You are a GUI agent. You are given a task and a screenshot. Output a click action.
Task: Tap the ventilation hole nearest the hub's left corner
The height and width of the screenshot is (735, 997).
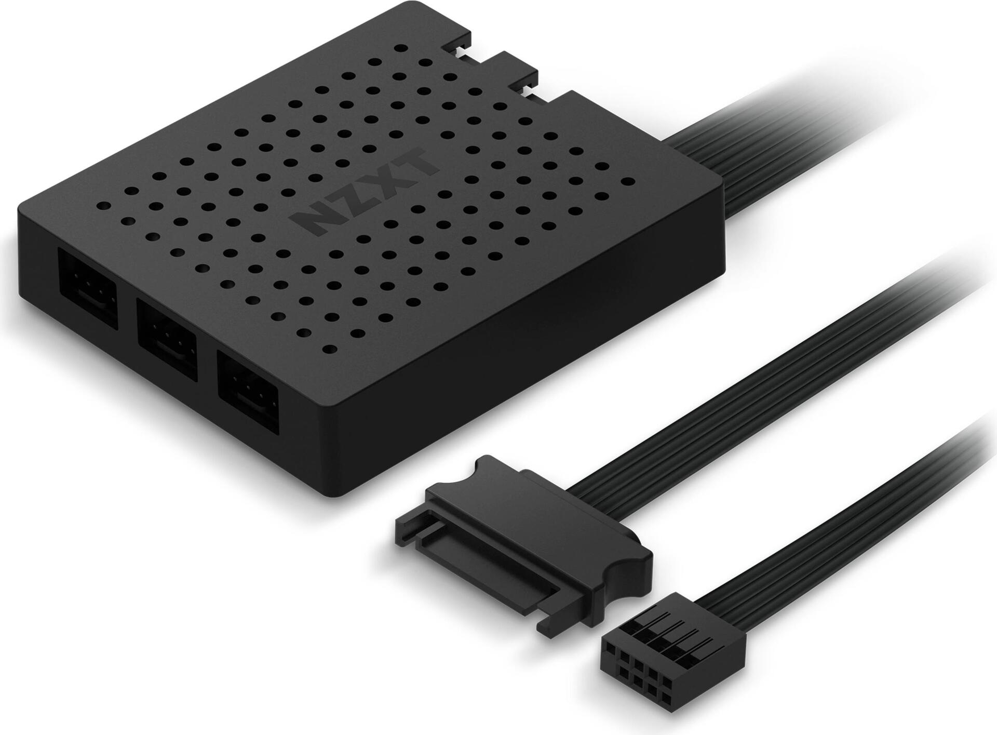point(103,206)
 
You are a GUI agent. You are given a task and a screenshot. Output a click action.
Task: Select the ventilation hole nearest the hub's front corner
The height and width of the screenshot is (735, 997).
point(329,349)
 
